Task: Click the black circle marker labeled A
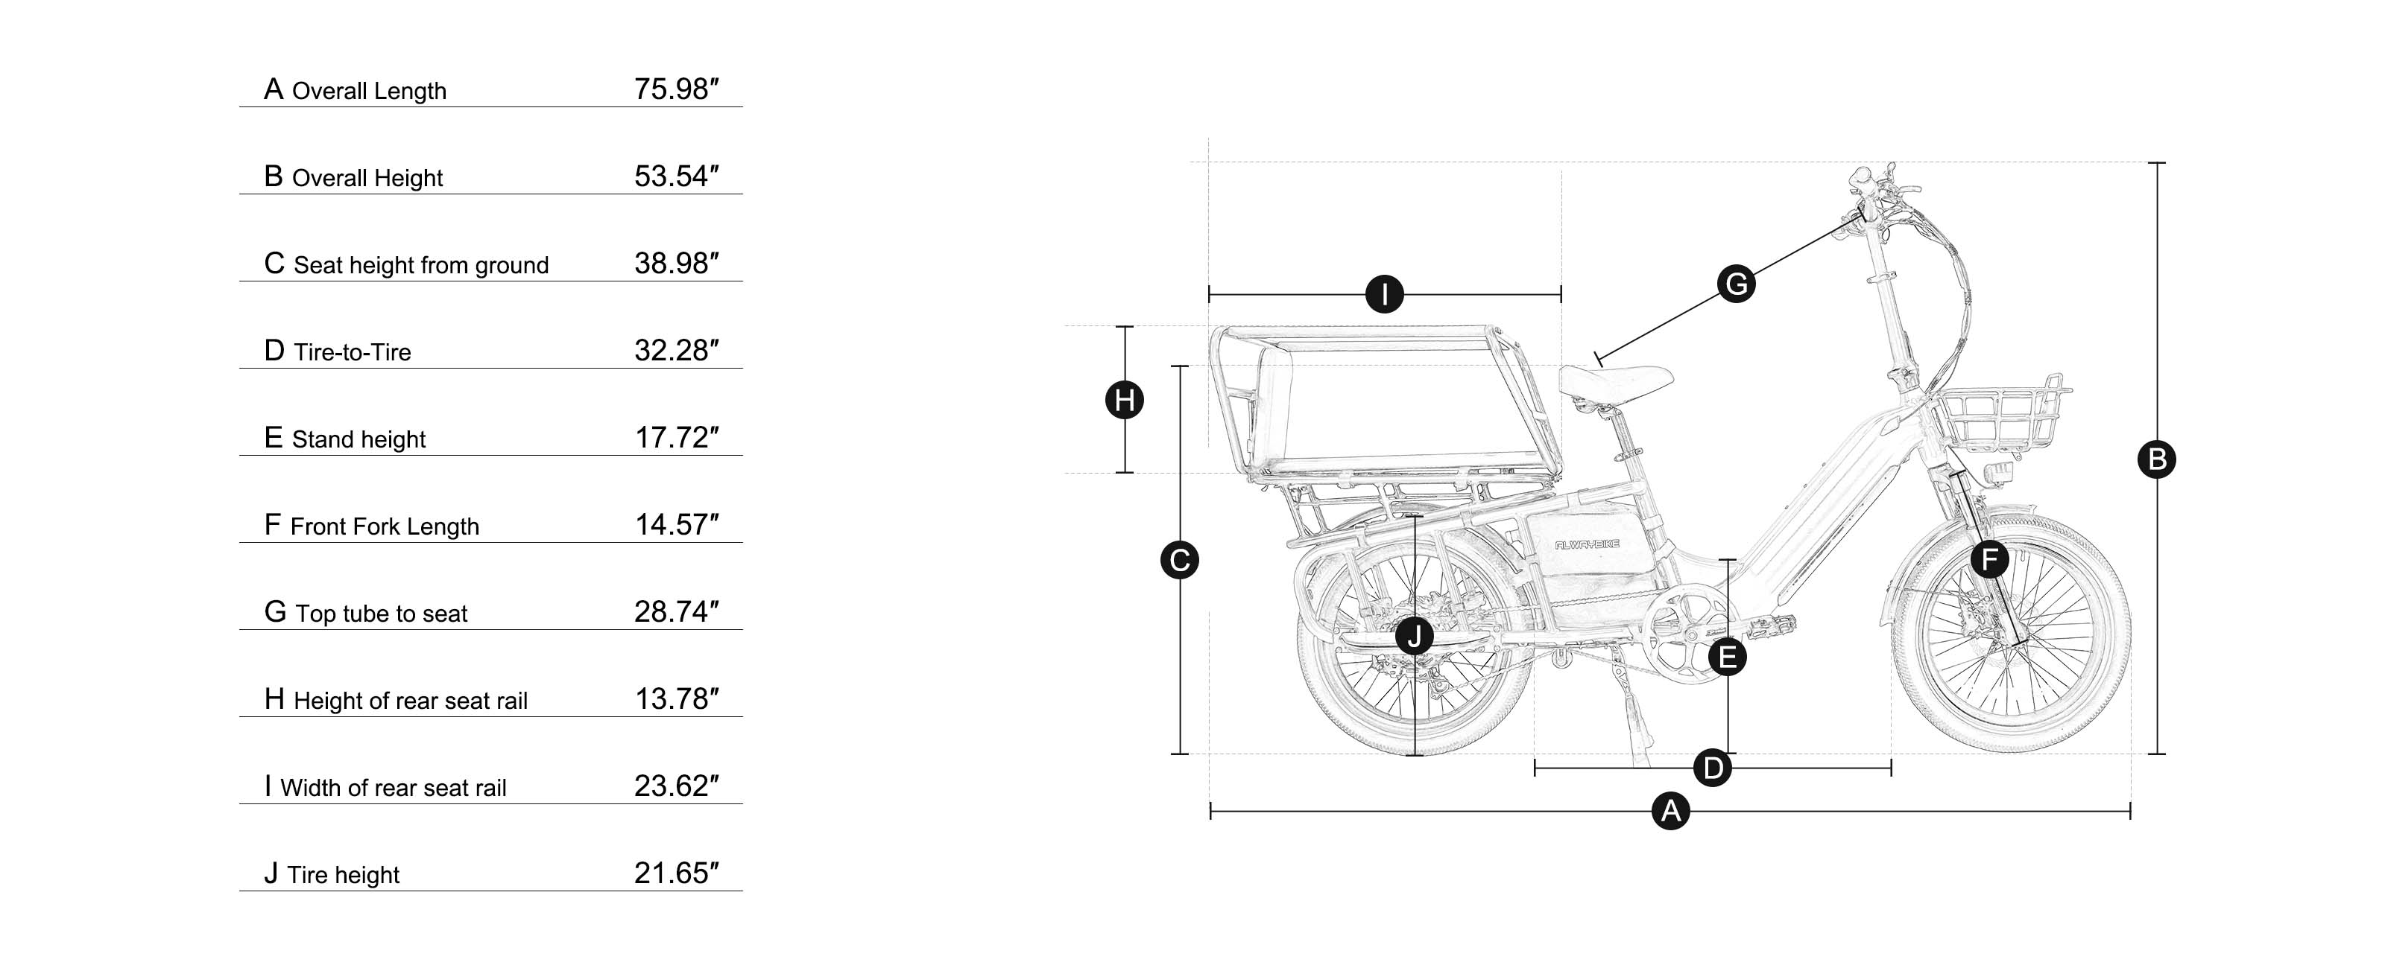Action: point(1670,812)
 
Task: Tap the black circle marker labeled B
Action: point(2156,459)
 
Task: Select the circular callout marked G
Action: point(1736,283)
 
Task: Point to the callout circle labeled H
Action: point(1125,401)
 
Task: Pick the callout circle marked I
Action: point(1384,295)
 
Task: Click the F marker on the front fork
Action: point(1988,559)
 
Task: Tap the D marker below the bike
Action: point(1712,767)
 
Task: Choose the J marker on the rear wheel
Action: point(1414,636)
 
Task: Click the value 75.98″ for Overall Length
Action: point(676,90)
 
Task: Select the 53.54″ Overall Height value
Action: point(676,176)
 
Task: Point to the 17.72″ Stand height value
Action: point(676,438)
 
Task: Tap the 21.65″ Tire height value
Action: point(676,873)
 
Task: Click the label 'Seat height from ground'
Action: point(420,266)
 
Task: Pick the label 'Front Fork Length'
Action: point(385,526)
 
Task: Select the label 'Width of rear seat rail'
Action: point(393,789)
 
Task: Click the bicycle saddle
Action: point(1616,380)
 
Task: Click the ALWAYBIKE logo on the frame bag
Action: point(1587,545)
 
